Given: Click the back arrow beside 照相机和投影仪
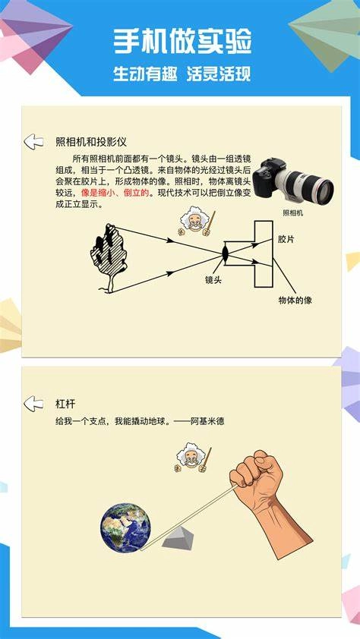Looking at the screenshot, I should pyautogui.click(x=33, y=141).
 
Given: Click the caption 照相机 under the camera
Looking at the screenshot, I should pyautogui.click(x=292, y=213).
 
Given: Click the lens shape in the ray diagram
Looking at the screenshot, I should pyautogui.click(x=225, y=253).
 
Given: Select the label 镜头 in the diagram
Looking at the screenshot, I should pyautogui.click(x=213, y=280).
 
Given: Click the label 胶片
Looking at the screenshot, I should pyautogui.click(x=286, y=239).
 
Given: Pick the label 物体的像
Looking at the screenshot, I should pyautogui.click(x=295, y=300).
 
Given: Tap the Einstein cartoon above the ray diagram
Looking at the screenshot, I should pyautogui.click(x=194, y=221).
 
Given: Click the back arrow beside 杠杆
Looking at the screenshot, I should pyautogui.click(x=33, y=403).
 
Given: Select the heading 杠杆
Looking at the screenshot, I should pyautogui.click(x=66, y=404).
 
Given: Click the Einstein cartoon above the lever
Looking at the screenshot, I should pyautogui.click(x=191, y=458).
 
